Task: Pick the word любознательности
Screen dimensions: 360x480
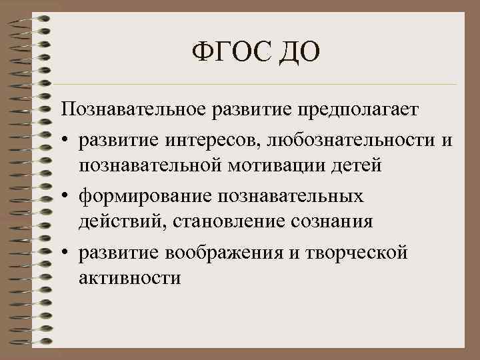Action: tap(351, 141)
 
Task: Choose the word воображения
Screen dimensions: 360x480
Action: tap(222, 253)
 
